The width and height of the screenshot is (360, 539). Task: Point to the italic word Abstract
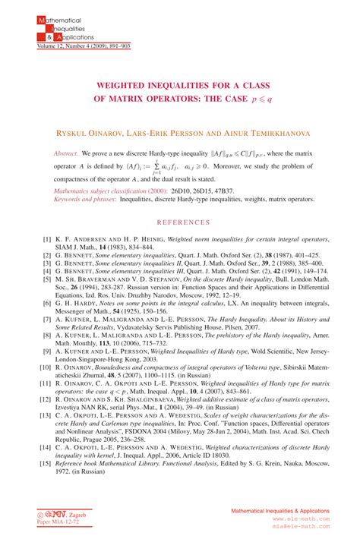tap(66, 153)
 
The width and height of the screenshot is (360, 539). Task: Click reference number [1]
tap(47, 238)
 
